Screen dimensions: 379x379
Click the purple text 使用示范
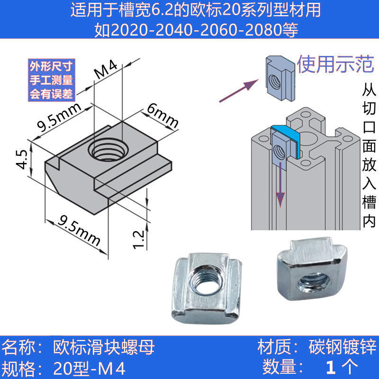[x=335, y=64]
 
